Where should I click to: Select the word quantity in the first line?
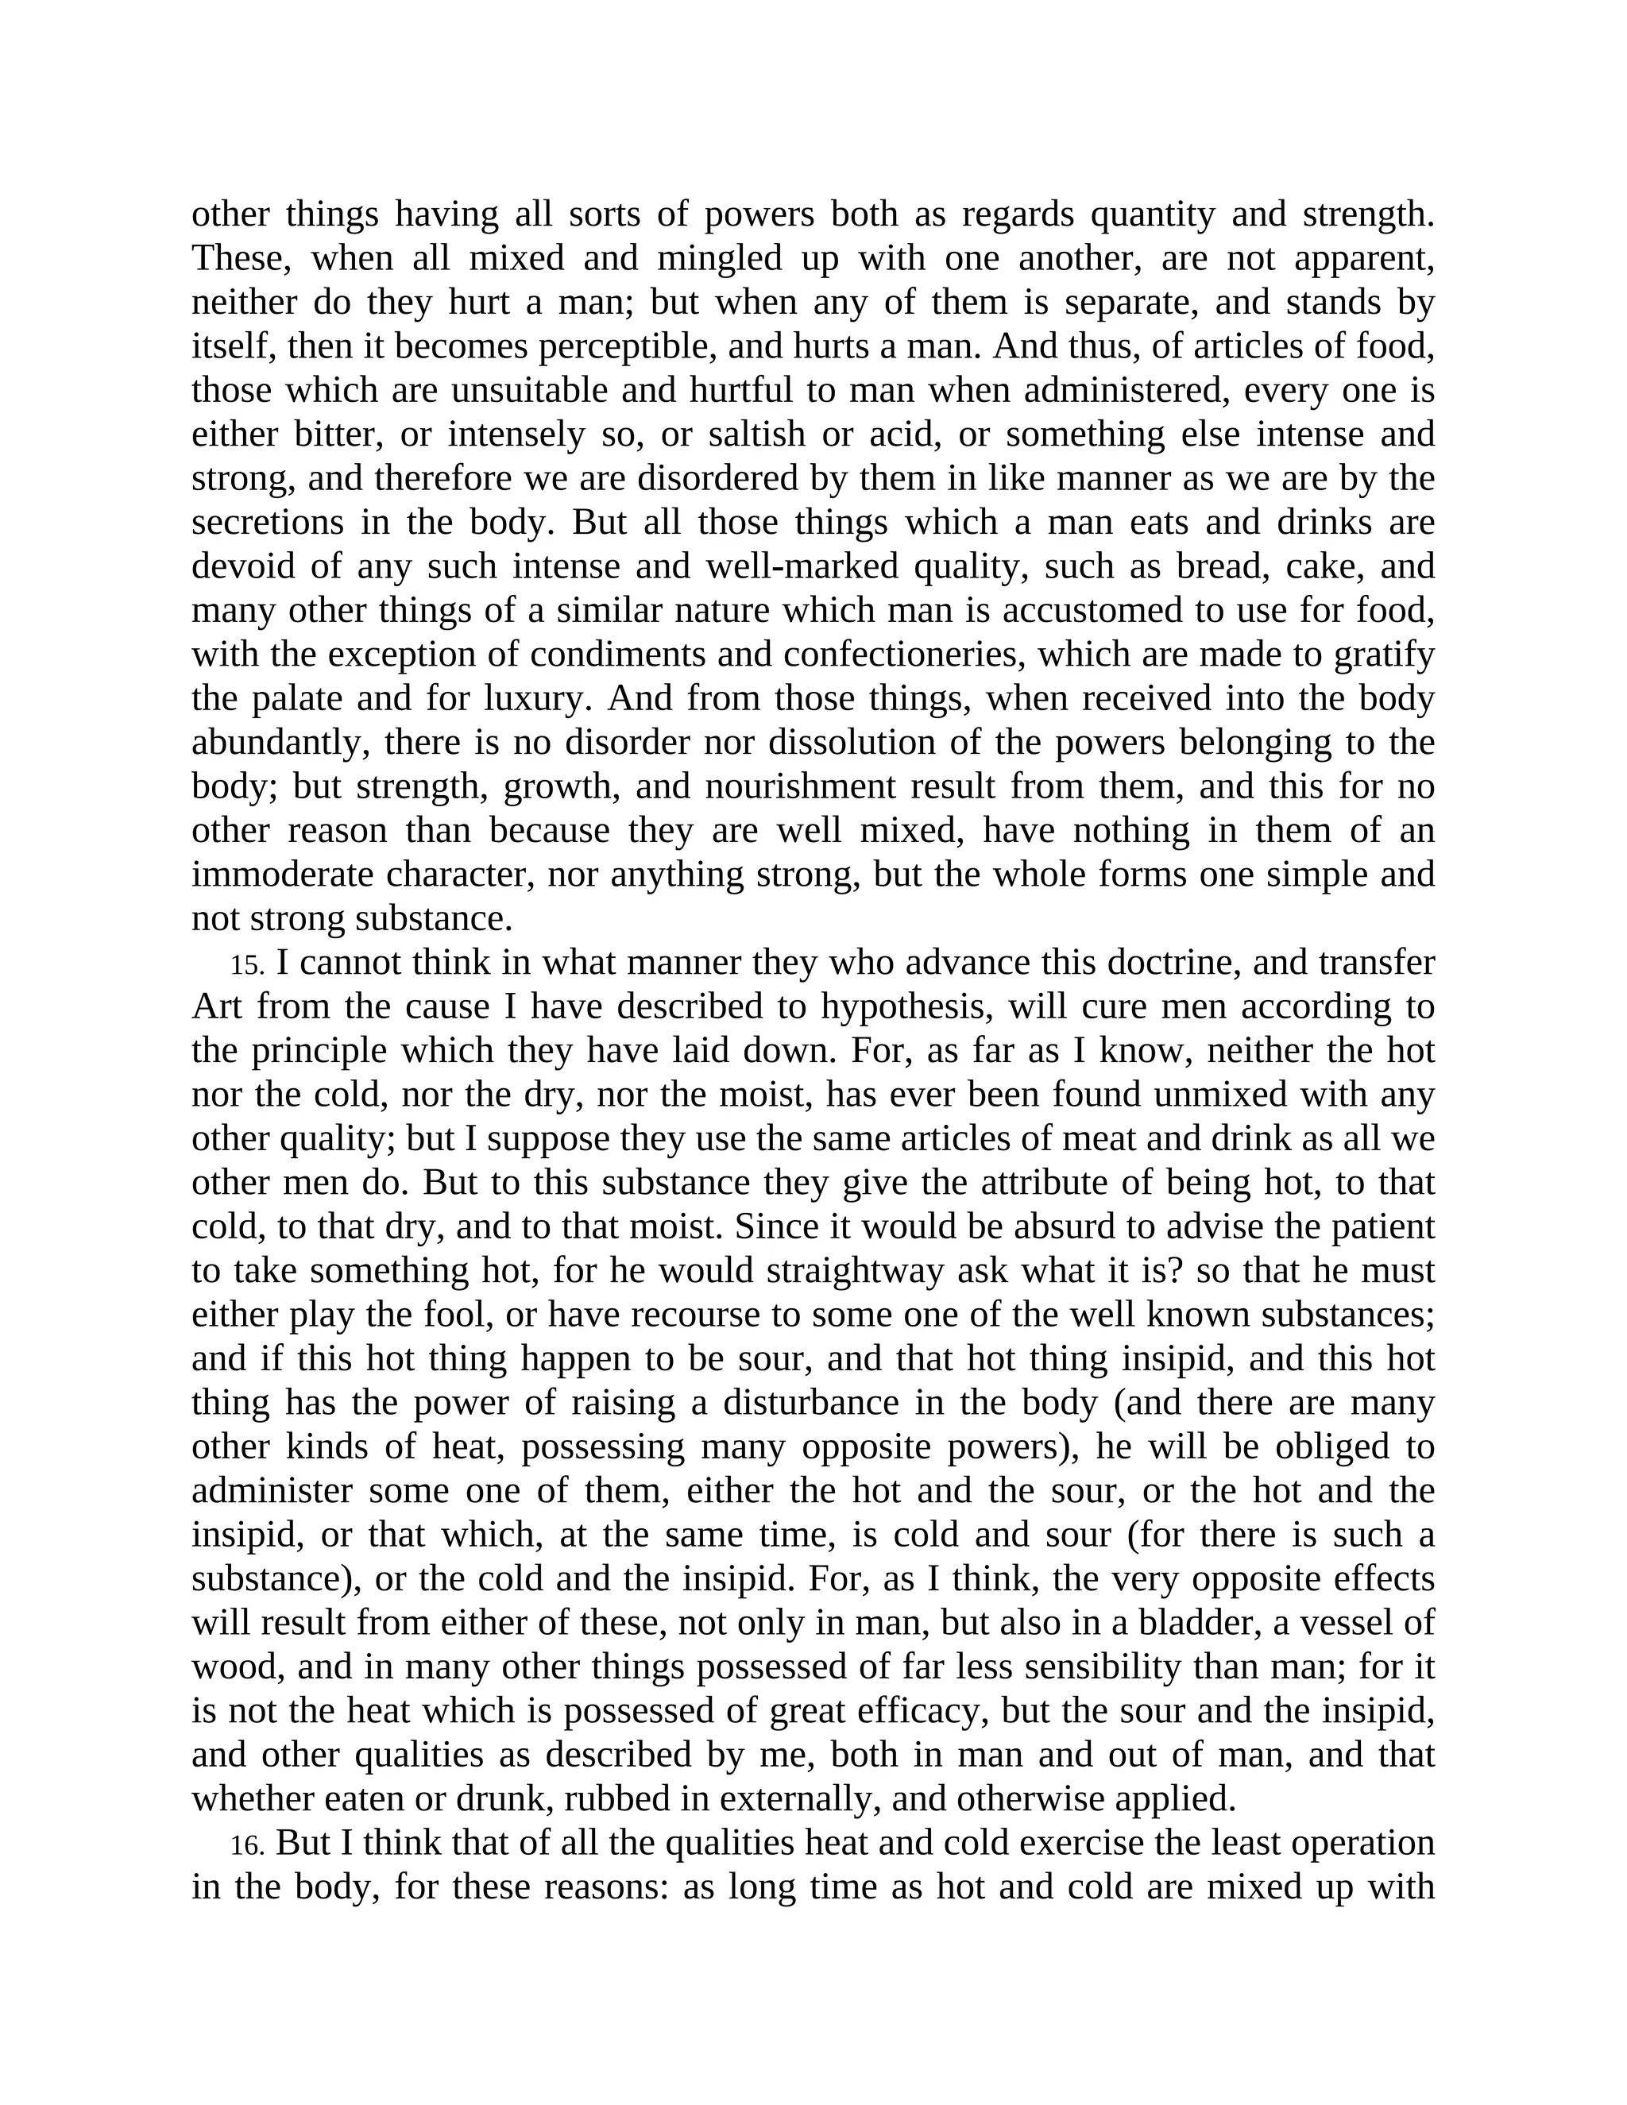point(1152,214)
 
